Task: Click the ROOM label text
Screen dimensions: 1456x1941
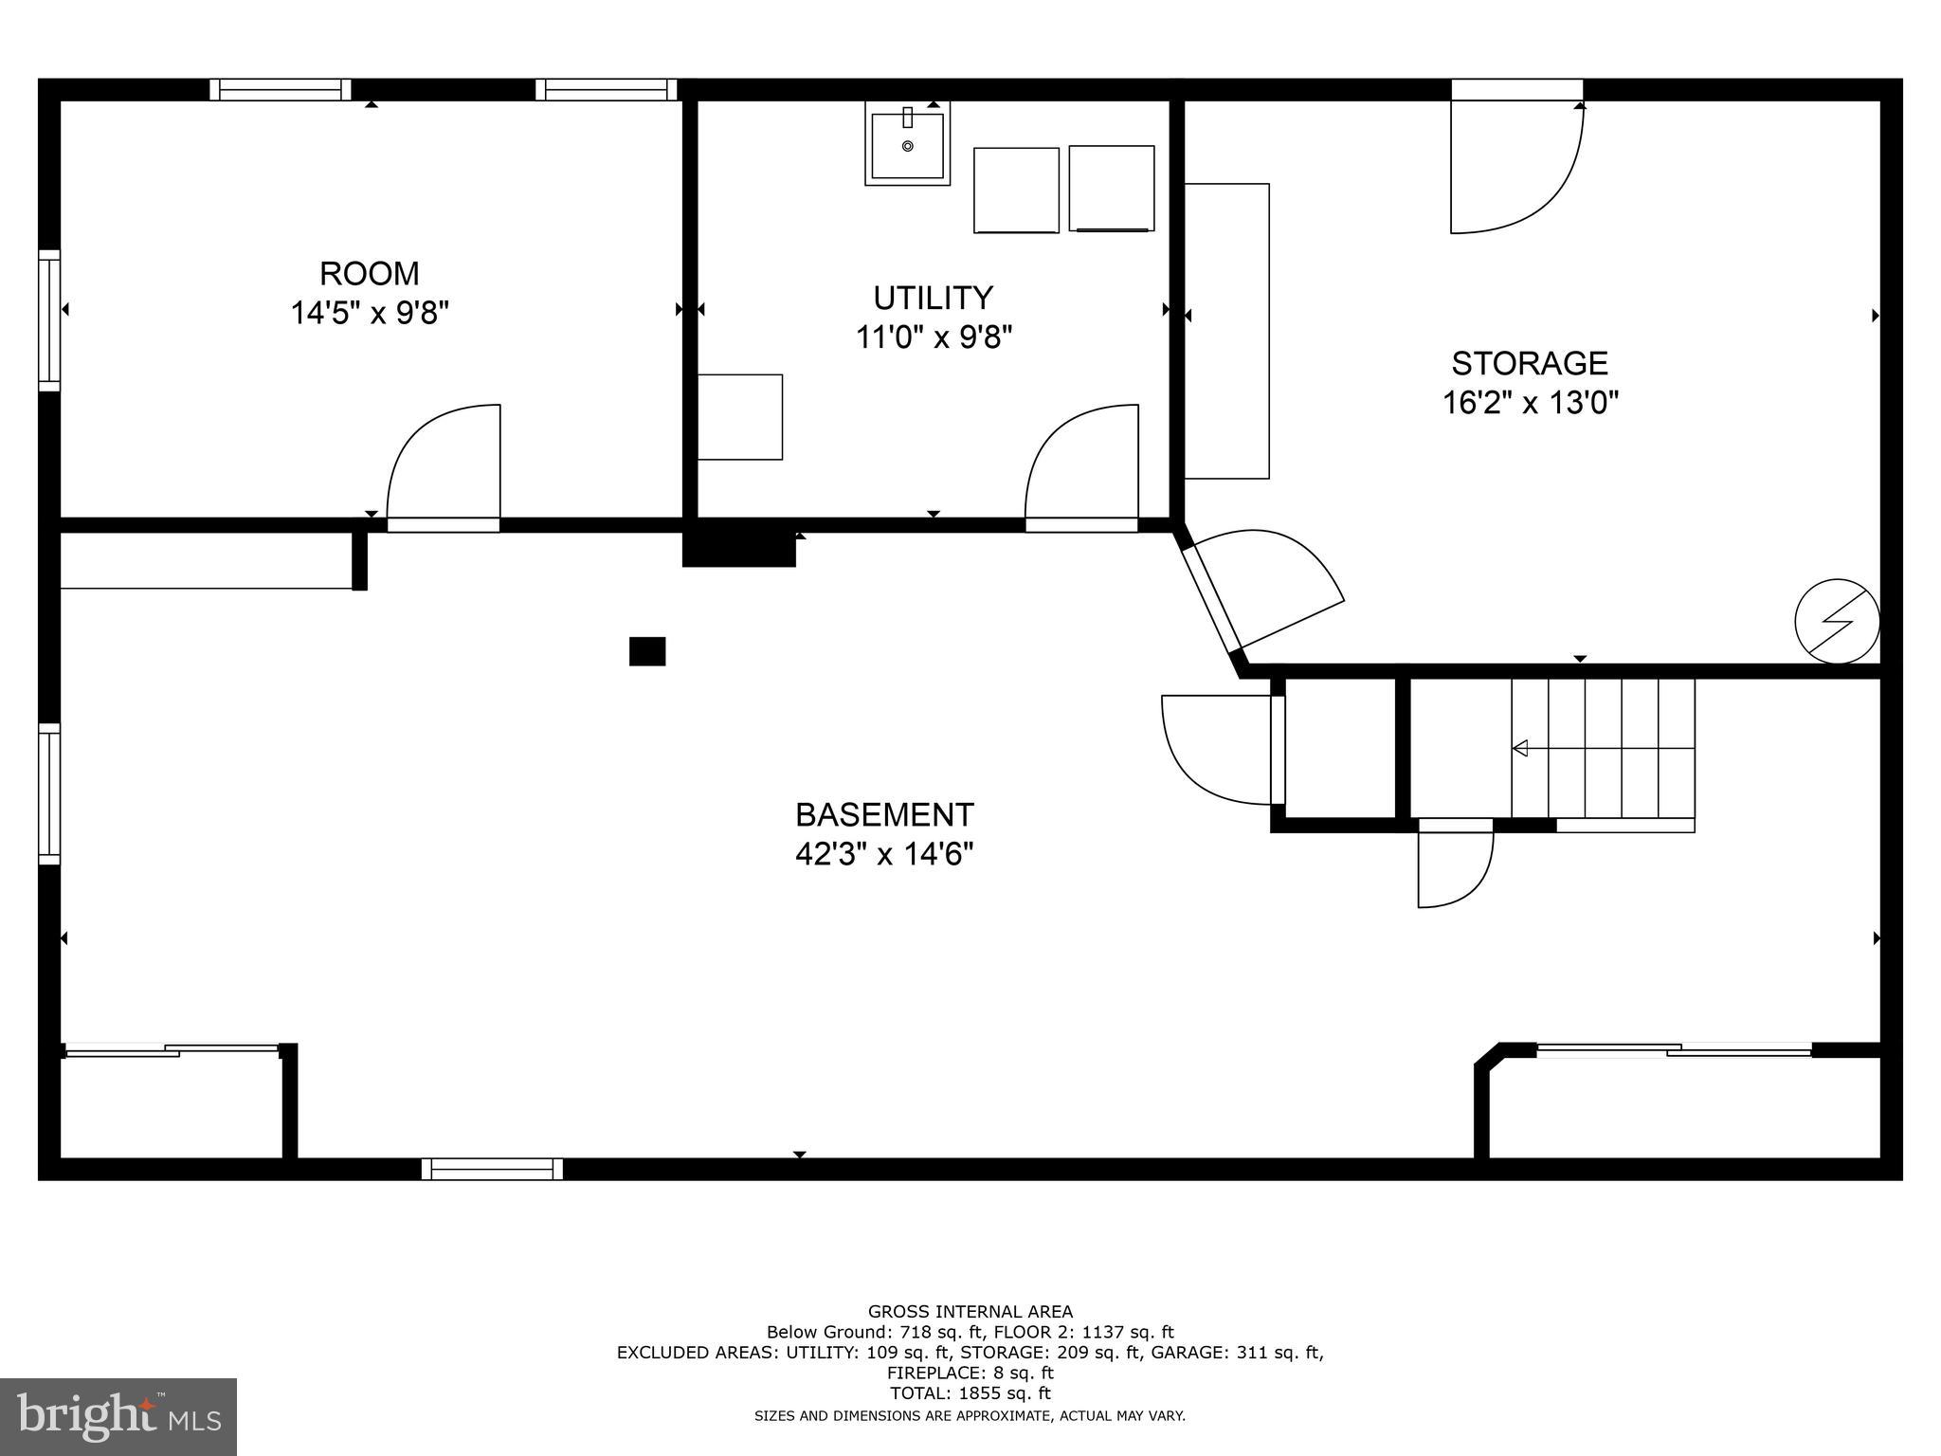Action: pos(369,274)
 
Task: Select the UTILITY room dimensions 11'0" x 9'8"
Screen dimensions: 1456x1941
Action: pos(934,337)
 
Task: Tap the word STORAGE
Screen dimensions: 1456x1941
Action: pos(1530,364)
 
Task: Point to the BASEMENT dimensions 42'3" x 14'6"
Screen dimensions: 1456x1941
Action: pos(884,855)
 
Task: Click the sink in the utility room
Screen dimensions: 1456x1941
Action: pos(907,145)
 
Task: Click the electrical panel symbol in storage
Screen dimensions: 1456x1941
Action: pos(1837,622)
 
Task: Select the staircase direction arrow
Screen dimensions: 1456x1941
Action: pos(1520,749)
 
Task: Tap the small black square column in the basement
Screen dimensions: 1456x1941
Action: pos(647,651)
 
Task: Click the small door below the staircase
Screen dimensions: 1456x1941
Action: pos(1454,868)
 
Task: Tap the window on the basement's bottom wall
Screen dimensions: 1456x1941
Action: pos(492,1169)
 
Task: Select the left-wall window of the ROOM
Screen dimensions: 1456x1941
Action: pos(49,320)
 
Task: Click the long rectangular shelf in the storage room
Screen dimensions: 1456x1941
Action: pos(1226,331)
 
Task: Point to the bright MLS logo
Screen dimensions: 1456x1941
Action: pos(118,1416)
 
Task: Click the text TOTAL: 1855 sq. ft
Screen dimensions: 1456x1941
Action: pos(970,1393)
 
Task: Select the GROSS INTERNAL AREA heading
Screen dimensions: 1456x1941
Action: pos(970,1312)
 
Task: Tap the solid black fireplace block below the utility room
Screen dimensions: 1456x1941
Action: pos(738,550)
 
